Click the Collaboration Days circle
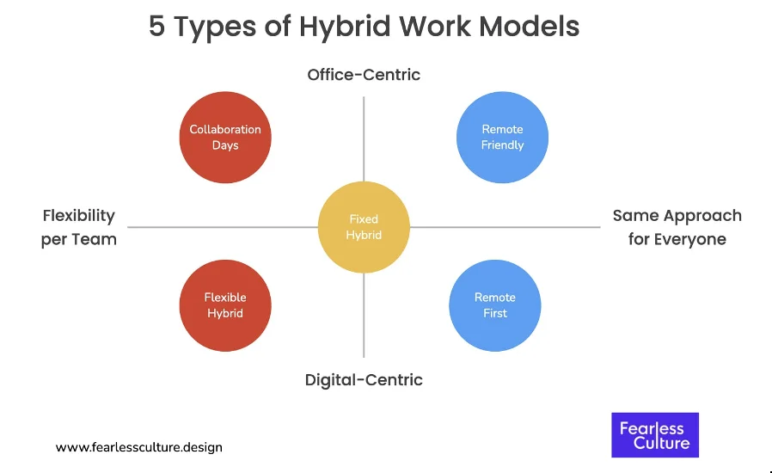click(x=225, y=137)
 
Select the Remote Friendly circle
click(x=502, y=137)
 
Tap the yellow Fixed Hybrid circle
click(x=364, y=227)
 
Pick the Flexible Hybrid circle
click(x=225, y=305)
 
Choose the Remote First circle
click(x=495, y=305)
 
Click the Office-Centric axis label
click(x=364, y=75)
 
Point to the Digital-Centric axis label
click(x=364, y=380)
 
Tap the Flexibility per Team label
click(x=79, y=227)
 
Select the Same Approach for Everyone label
click(x=677, y=227)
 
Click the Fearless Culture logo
click(x=655, y=435)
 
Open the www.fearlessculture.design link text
click(x=139, y=447)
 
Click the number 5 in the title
click(x=156, y=26)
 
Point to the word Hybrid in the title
click(x=345, y=28)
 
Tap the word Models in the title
click(x=530, y=26)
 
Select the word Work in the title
click(x=435, y=26)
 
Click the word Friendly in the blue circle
click(x=502, y=145)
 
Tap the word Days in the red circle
click(x=225, y=145)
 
